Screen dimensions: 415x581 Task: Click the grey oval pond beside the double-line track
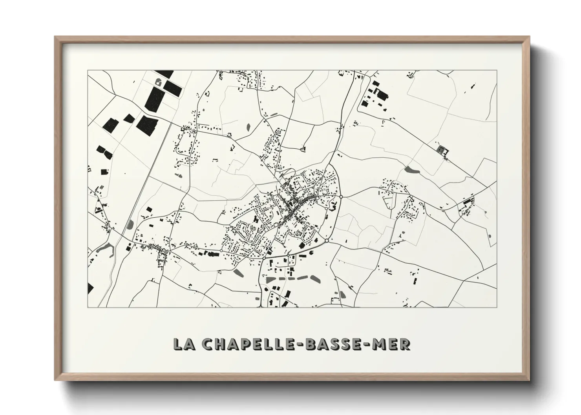[x=130, y=224]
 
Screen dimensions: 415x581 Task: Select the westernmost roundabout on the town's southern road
[x=221, y=250]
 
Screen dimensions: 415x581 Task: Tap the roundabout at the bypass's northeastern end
[x=341, y=197]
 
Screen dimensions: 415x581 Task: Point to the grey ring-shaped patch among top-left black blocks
[x=159, y=82]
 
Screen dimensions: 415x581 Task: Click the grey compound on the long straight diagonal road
[x=442, y=151]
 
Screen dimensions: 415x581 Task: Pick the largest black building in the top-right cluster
[x=381, y=94]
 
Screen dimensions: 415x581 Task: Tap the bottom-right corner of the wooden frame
[x=529, y=379]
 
